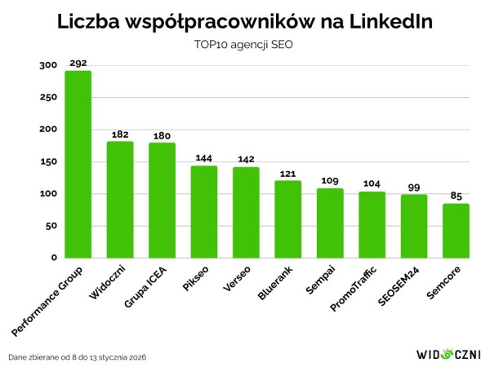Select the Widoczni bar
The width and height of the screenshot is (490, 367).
[120, 200]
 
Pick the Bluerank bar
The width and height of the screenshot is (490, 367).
[288, 219]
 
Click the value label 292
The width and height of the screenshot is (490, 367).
[78, 62]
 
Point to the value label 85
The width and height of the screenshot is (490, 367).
[457, 195]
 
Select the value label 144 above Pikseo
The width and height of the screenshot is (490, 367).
[204, 157]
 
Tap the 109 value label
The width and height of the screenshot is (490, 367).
[330, 180]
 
